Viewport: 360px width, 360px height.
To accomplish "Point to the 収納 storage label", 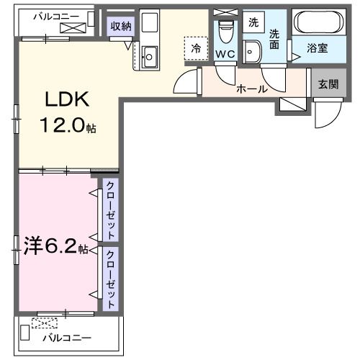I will pyautogui.click(x=120, y=26).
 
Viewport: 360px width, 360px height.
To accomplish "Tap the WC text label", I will pyautogui.click(x=225, y=55).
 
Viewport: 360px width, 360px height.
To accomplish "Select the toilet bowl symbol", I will pyautogui.click(x=225, y=31).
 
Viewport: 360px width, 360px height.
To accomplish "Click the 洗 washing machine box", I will pyautogui.click(x=253, y=22).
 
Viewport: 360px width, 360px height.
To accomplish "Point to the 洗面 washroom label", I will pyautogui.click(x=274, y=39).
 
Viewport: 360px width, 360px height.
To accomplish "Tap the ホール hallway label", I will pyautogui.click(x=252, y=89).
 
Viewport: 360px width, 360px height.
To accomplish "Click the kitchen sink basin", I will pyautogui.click(x=150, y=55).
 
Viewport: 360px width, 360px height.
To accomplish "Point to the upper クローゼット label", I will pyautogui.click(x=110, y=210).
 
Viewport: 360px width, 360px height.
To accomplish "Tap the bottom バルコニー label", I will pyautogui.click(x=66, y=337).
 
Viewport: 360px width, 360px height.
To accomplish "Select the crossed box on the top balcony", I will pyautogui.click(x=73, y=27).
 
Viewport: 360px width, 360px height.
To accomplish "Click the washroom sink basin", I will pyautogui.click(x=253, y=50).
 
